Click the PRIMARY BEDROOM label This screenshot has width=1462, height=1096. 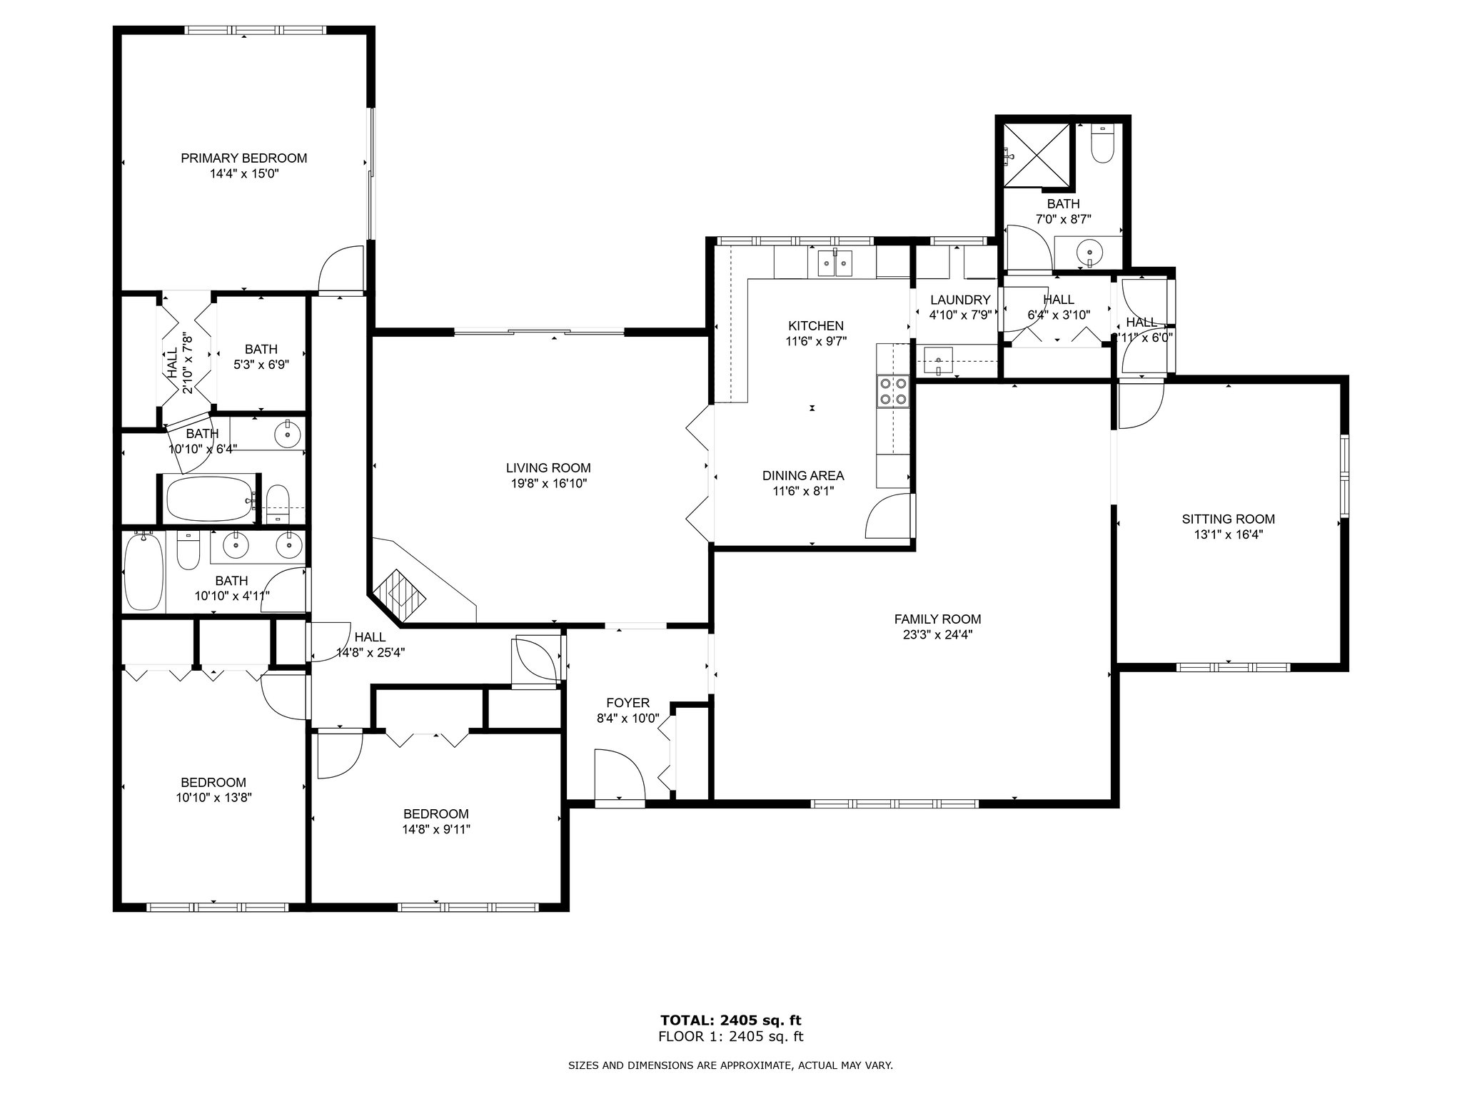243,158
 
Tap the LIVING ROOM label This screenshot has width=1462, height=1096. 548,468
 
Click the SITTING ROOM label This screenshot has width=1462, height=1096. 1228,519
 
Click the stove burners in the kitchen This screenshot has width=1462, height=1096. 893,390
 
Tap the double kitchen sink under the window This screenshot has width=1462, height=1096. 835,265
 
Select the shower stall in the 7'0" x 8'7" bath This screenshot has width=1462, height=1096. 1037,155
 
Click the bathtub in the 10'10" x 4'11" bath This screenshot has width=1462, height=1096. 143,572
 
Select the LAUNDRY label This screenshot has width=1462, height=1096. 960,300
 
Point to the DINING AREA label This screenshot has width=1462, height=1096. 803,475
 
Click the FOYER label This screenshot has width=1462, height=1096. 628,703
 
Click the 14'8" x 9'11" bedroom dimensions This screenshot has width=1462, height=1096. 435,829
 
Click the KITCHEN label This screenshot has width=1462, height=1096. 816,325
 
